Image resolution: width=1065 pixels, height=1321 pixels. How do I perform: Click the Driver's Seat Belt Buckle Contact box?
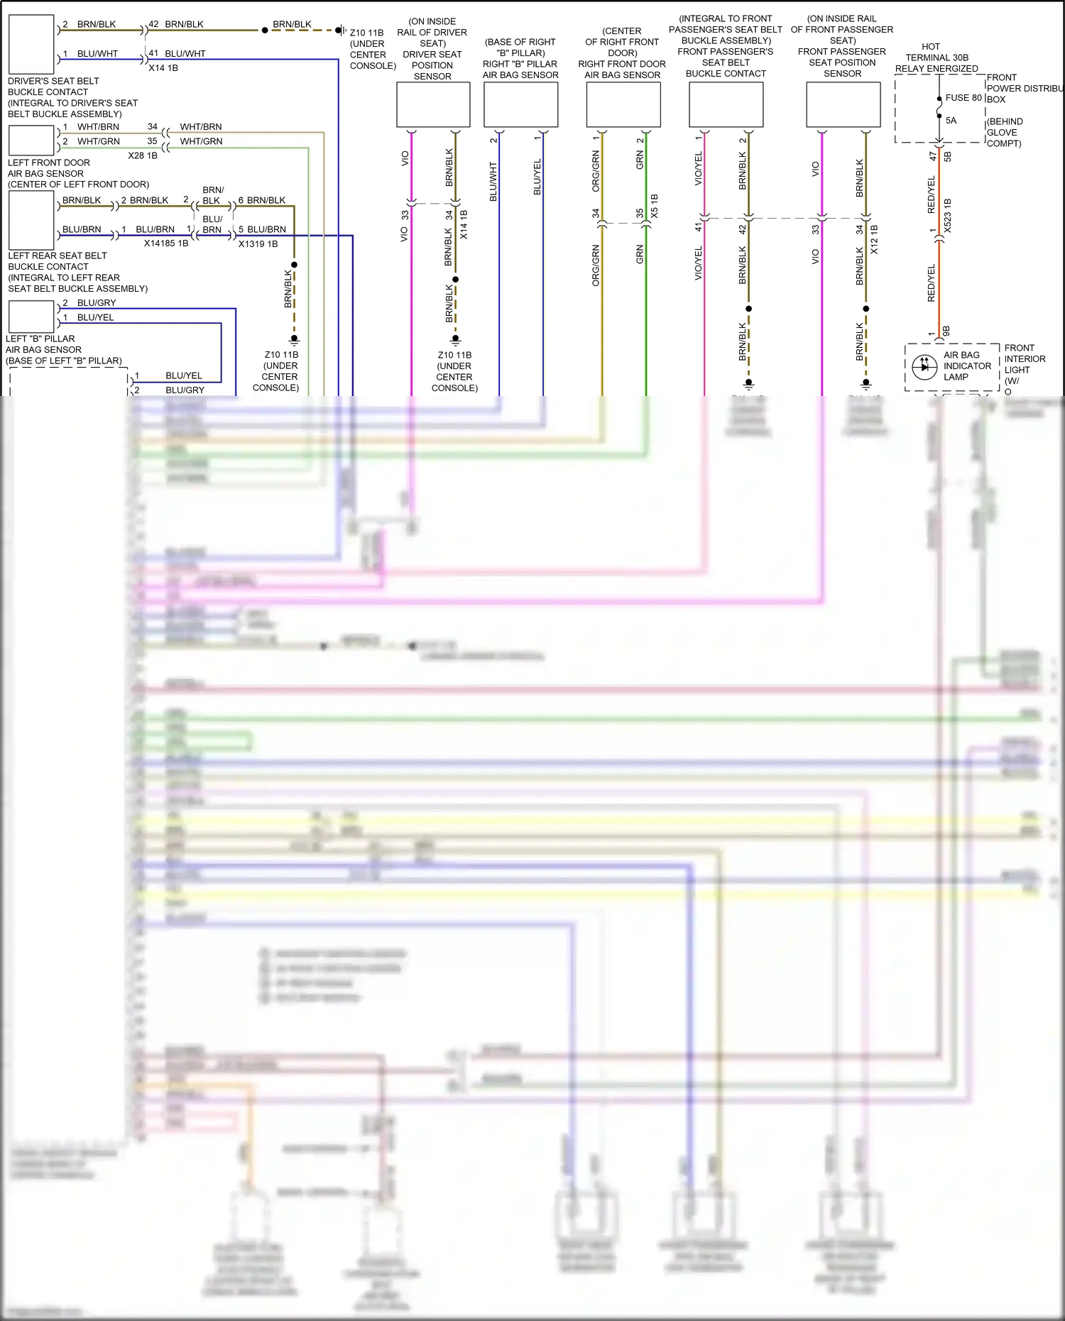click(31, 44)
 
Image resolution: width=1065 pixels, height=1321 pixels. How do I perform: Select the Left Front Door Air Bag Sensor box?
click(31, 140)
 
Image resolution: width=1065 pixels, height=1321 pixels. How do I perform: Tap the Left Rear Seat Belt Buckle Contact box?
click(31, 220)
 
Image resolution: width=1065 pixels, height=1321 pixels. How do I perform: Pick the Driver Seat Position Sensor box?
click(433, 104)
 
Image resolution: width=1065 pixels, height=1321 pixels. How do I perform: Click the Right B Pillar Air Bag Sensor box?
click(520, 104)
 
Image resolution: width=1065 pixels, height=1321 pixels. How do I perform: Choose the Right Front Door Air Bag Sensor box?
click(623, 104)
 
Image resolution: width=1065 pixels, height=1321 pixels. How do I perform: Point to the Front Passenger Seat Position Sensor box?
click(843, 104)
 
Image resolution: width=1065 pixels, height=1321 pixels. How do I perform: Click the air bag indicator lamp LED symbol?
click(924, 367)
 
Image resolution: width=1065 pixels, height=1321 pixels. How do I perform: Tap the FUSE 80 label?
click(963, 98)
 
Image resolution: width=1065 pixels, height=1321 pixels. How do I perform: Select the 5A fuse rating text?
click(951, 121)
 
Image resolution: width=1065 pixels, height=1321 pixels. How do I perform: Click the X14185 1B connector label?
click(166, 243)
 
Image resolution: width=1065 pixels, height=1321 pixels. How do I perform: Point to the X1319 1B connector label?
click(258, 244)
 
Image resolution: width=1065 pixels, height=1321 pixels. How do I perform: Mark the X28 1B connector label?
click(143, 155)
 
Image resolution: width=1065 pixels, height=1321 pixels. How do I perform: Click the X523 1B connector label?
click(947, 215)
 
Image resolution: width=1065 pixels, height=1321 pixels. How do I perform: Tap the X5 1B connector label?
click(654, 205)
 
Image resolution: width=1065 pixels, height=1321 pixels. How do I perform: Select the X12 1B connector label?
click(874, 239)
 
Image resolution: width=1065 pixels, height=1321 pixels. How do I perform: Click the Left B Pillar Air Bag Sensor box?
click(31, 317)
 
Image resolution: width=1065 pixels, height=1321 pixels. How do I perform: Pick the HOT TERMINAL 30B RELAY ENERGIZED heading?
click(936, 57)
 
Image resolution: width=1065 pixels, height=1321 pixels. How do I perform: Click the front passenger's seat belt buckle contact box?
click(726, 104)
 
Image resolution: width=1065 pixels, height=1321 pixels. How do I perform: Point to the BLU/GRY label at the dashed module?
click(185, 390)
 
